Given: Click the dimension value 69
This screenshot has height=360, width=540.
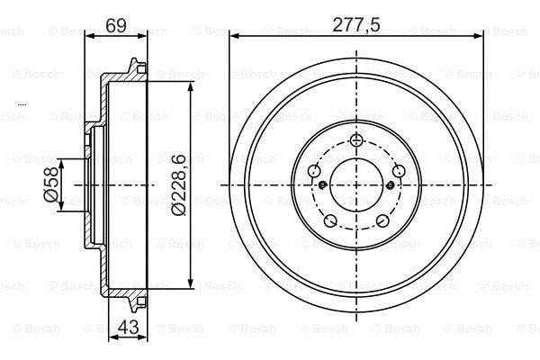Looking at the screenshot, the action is (x=116, y=25).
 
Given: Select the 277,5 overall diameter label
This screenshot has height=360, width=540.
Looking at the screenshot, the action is (x=356, y=25).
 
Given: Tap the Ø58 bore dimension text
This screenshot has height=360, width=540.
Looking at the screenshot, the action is (x=50, y=184).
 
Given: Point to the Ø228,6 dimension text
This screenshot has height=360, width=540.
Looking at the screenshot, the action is (x=179, y=185).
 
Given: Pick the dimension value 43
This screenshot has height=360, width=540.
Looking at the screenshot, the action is (x=128, y=327).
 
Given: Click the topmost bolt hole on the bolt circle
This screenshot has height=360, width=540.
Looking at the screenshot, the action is (x=356, y=139).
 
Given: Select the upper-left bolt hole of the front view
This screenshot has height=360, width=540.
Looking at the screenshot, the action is (x=314, y=170).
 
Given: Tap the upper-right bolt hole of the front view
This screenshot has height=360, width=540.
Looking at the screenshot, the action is (x=399, y=170).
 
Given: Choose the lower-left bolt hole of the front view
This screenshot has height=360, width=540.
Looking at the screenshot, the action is (x=330, y=220).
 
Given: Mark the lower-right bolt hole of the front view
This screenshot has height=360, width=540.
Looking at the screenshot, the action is (x=382, y=220).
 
